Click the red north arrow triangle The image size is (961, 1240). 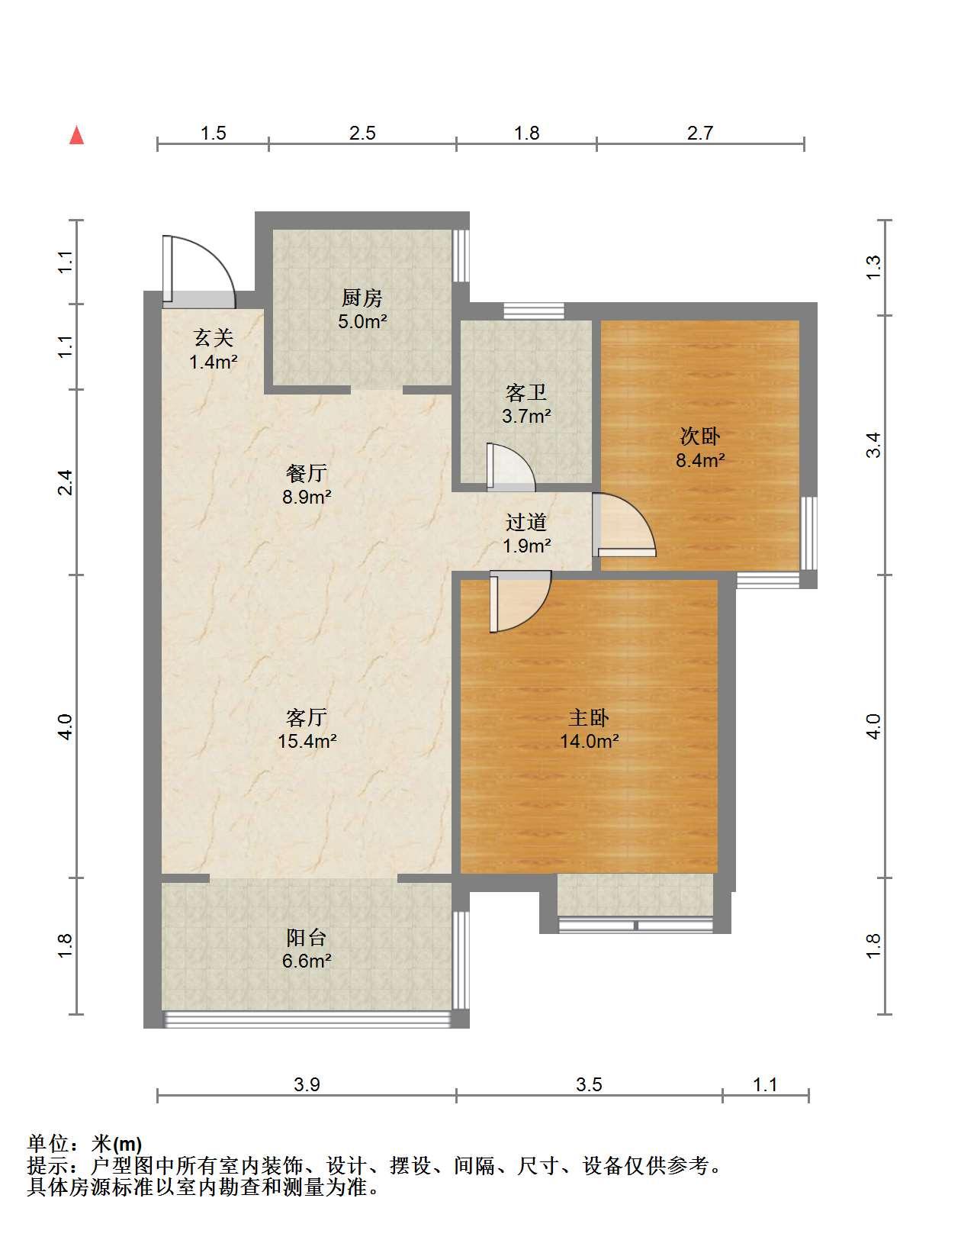(76, 136)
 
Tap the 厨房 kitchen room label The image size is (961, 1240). (362, 298)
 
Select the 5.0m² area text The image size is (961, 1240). (362, 321)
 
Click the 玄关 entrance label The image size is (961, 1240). (214, 338)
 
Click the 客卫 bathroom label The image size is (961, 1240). (525, 392)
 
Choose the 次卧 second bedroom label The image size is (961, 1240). (700, 436)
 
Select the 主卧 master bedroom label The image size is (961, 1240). (589, 717)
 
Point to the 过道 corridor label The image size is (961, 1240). (525, 522)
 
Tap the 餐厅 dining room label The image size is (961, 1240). (307, 473)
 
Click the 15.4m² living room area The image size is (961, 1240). (307, 741)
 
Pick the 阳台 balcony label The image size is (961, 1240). (307, 937)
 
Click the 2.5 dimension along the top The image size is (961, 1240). (362, 133)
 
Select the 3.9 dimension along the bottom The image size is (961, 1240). (307, 1084)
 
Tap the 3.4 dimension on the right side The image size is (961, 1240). (873, 445)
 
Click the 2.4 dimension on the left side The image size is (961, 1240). (66, 482)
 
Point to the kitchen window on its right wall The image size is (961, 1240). (461, 256)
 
